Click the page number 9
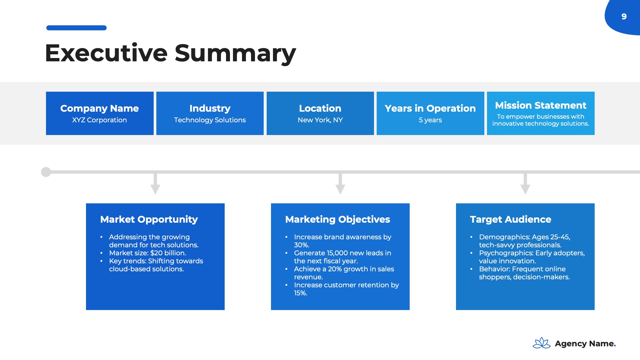[x=624, y=16]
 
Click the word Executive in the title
[x=106, y=53]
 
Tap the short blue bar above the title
[x=76, y=28]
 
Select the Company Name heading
[x=99, y=108]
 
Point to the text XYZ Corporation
[x=99, y=120]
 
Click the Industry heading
[x=210, y=108]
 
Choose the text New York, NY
[x=320, y=120]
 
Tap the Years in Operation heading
[x=430, y=108]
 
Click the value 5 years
[x=430, y=120]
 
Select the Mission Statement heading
[x=541, y=105]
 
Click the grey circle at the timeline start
[x=46, y=172]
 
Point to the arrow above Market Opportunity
[x=155, y=183]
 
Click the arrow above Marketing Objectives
[x=340, y=183]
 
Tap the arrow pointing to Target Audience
[x=525, y=183]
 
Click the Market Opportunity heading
[x=149, y=219]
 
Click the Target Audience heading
[x=511, y=219]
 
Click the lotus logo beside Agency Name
[x=542, y=343]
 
